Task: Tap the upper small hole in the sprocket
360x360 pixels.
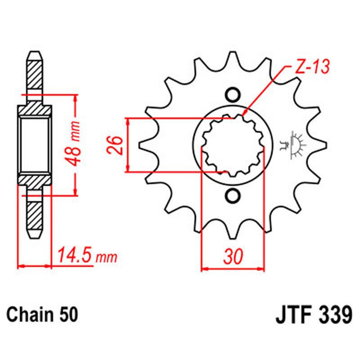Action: point(232,95)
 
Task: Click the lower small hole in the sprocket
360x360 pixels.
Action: point(232,196)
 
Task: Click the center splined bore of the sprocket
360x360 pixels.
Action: point(232,145)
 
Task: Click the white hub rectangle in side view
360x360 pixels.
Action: point(35,144)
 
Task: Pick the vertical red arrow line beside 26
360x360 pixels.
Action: point(128,145)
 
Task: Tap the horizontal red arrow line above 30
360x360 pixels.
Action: point(232,269)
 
